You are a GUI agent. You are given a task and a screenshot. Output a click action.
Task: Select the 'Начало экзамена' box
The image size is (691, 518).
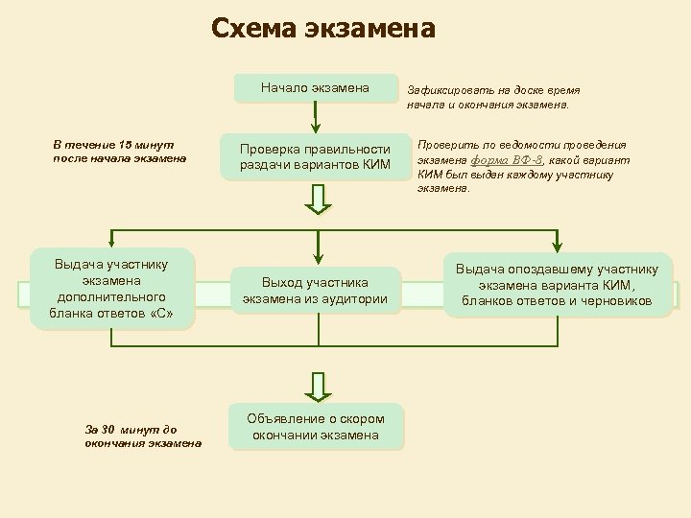coord(315,88)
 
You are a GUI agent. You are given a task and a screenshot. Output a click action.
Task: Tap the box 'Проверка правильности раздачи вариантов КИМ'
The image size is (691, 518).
coord(315,156)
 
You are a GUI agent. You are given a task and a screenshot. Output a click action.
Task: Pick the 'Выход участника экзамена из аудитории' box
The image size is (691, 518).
coord(315,291)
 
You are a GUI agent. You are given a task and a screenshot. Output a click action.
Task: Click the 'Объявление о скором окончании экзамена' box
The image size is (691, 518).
coord(315,427)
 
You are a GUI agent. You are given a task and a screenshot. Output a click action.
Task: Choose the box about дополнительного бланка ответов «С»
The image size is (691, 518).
coord(111,289)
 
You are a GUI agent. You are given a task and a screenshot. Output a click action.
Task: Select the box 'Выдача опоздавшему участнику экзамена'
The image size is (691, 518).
coord(557,285)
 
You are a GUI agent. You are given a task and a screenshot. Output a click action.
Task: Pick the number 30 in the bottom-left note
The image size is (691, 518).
coord(108,429)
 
